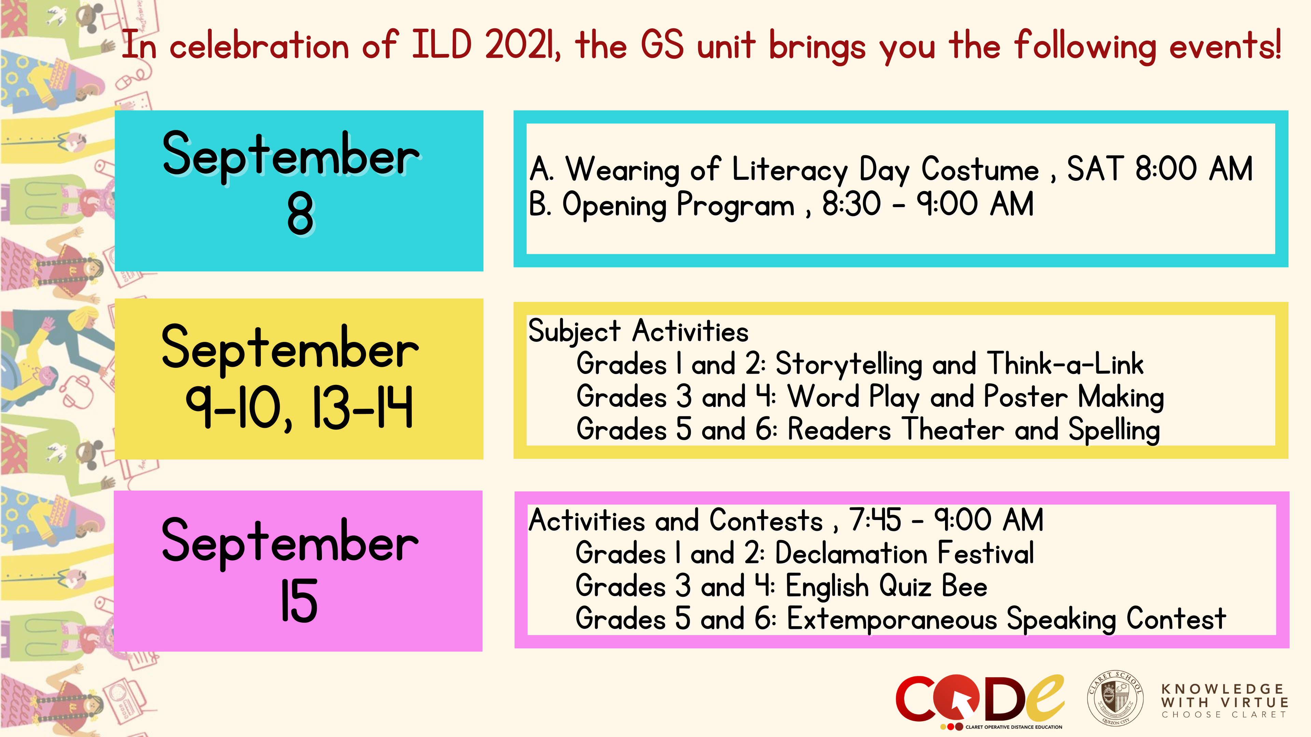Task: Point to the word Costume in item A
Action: pos(980,169)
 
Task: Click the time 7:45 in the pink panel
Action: pos(874,520)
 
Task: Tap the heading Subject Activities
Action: pos(638,332)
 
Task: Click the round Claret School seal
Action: pos(1115,697)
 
